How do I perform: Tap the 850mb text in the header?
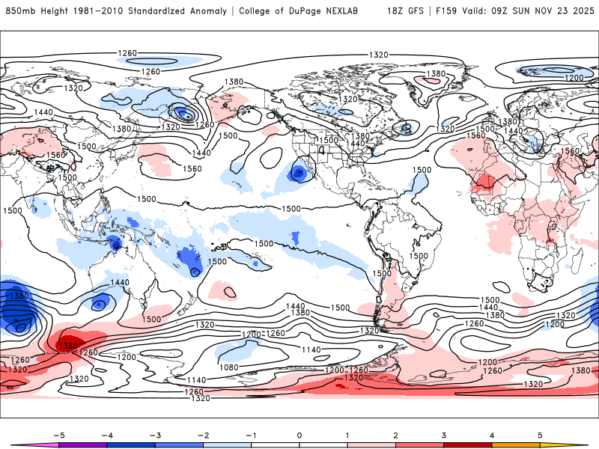tap(21, 11)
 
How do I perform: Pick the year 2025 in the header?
tap(580, 11)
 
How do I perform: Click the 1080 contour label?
tap(230, 367)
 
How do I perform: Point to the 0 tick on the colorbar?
tap(299, 435)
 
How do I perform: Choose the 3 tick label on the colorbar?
tap(443, 435)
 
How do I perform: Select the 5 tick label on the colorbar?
tap(540, 435)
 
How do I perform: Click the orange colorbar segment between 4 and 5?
tap(516, 445)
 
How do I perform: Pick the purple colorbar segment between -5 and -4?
tap(82, 445)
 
